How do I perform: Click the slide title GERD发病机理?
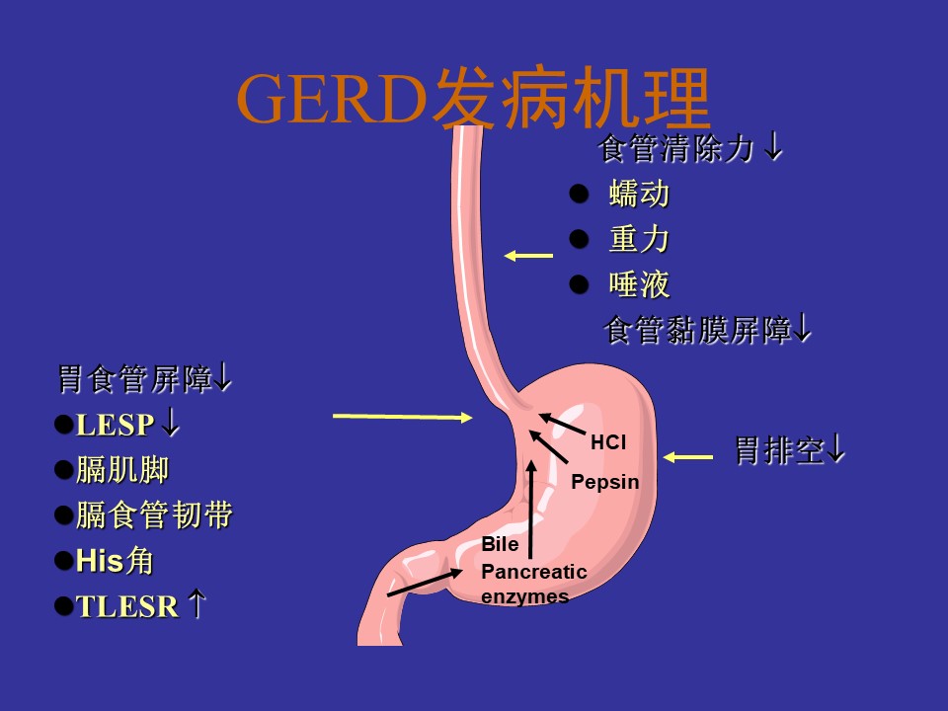473,98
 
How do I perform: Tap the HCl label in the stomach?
608,442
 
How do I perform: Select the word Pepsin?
605,482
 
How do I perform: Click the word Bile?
500,544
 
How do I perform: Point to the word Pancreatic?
534,572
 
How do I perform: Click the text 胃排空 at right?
779,450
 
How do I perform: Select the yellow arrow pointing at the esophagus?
528,256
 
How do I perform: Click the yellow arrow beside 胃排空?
688,457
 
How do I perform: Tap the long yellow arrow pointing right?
403,417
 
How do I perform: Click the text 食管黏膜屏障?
698,330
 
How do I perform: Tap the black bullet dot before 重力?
580,239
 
